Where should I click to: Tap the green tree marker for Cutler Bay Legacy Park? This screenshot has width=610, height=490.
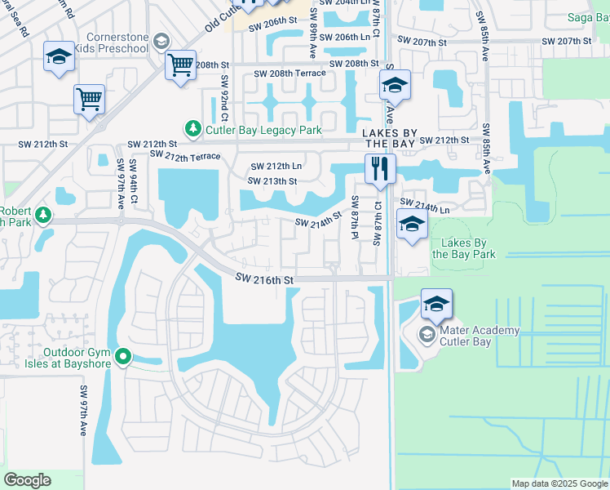[193, 129]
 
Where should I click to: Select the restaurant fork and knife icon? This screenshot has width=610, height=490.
[379, 169]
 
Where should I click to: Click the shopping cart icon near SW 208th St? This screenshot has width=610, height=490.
[179, 65]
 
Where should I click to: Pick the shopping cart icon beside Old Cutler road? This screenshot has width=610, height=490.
[89, 100]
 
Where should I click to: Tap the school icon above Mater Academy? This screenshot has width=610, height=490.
[436, 305]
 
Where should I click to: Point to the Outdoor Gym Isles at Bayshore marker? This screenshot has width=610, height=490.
[123, 356]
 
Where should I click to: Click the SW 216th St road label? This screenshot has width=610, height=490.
[263, 279]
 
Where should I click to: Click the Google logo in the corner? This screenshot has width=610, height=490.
[27, 480]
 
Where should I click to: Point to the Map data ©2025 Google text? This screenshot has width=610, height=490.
[559, 483]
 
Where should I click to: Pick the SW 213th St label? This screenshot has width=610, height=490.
[272, 181]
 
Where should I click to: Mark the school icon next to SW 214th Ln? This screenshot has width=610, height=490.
[412, 224]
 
